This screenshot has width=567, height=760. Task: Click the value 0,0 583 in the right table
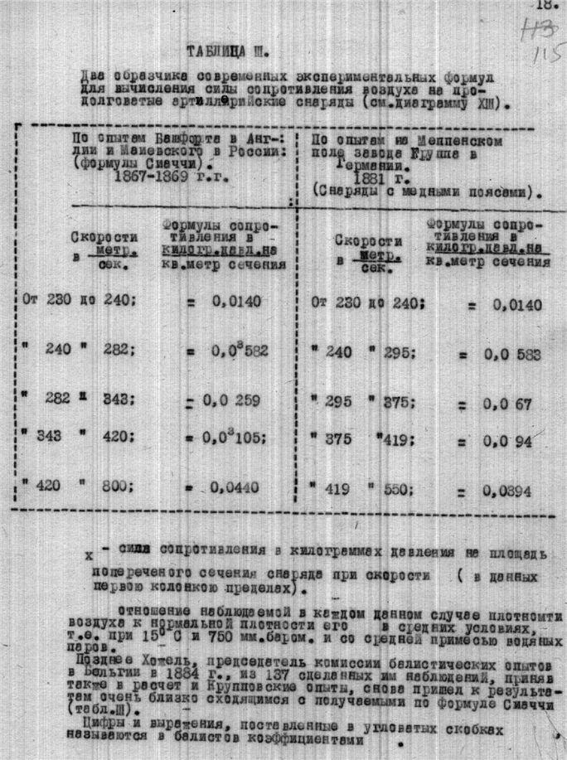513,355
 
